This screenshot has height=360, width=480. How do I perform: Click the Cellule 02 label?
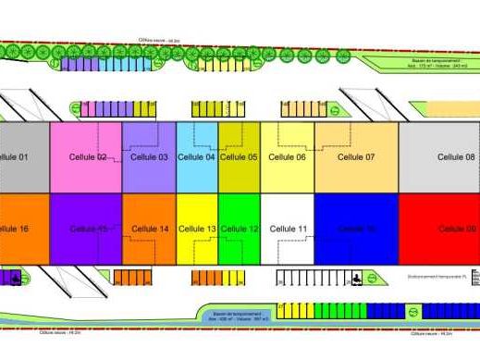[x=88, y=157]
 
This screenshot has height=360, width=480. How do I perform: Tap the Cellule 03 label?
[x=149, y=157]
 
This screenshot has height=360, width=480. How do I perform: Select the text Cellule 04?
[x=196, y=157]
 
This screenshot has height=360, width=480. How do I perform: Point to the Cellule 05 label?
[x=239, y=157]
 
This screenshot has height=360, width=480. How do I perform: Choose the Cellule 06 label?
[x=287, y=157]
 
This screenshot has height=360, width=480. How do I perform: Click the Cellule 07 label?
[x=356, y=157]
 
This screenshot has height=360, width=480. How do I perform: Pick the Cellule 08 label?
[x=457, y=157]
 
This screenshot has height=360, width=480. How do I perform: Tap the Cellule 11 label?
[x=289, y=229]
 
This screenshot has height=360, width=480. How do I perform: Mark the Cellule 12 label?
[x=240, y=229]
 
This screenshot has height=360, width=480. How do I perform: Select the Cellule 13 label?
[x=197, y=229]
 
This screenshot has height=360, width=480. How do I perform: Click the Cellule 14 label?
[x=150, y=229]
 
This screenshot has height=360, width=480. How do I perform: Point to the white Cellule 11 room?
[x=288, y=245]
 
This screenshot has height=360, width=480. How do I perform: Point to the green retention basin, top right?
[x=421, y=64]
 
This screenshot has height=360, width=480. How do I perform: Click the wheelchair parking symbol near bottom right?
[x=355, y=278]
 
